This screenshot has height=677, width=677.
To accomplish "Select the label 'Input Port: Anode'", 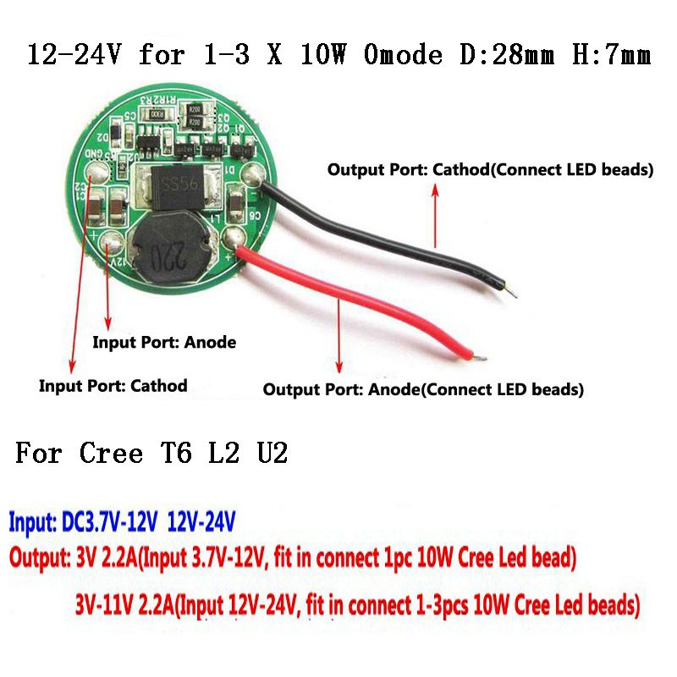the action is (163, 343).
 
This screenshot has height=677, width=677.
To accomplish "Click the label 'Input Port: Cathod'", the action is (113, 386).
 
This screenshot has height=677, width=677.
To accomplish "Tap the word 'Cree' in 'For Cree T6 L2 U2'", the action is (111, 454).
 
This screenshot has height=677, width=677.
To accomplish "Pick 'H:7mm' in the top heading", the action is (609, 57).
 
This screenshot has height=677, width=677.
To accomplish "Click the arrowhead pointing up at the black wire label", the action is (436, 190).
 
